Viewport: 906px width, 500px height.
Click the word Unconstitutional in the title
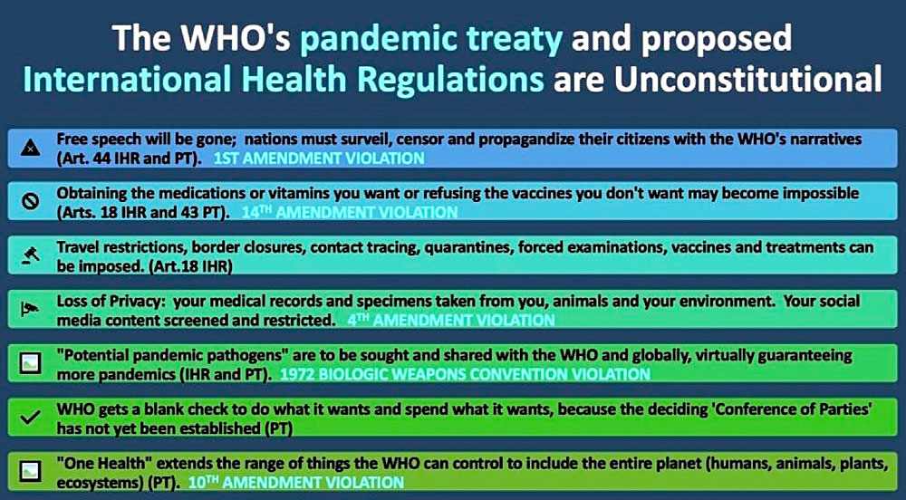[x=747, y=79]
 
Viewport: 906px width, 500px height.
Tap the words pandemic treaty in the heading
[x=431, y=39]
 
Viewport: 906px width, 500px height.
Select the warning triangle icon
[x=30, y=149]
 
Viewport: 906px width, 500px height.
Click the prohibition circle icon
[x=30, y=201]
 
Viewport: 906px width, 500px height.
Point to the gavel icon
[x=30, y=255]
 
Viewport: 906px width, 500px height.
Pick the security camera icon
[x=30, y=310]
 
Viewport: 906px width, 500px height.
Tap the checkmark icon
[x=30, y=418]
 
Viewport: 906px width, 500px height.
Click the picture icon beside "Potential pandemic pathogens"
[x=30, y=363]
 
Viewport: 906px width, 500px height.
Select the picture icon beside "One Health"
[x=30, y=471]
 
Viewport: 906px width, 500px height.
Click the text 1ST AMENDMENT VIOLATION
[x=319, y=159]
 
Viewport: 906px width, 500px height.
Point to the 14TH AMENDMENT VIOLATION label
[x=350, y=213]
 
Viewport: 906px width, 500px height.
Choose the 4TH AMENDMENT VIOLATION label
[x=450, y=320]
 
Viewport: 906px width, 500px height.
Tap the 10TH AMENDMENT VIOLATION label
[x=296, y=482]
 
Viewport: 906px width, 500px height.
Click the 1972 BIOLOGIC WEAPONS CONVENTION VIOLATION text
[x=465, y=374]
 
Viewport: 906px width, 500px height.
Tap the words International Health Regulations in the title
[x=284, y=79]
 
